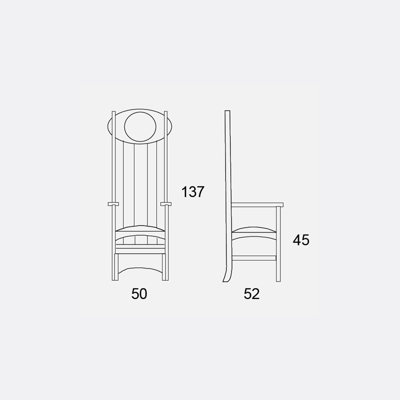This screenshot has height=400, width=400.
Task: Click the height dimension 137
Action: pos(193,192)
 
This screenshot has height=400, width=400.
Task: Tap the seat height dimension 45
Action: pos(301,240)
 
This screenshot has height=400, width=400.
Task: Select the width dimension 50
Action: pos(139,293)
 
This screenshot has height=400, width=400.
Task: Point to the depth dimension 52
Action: pos(251,293)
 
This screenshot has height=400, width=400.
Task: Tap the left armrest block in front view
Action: pos(113,204)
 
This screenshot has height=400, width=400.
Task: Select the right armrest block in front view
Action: pos(166,204)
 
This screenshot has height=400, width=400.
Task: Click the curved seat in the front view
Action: pos(140,229)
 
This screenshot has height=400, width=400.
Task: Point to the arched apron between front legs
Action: pos(140,268)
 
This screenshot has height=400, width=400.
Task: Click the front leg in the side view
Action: pos(278,244)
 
